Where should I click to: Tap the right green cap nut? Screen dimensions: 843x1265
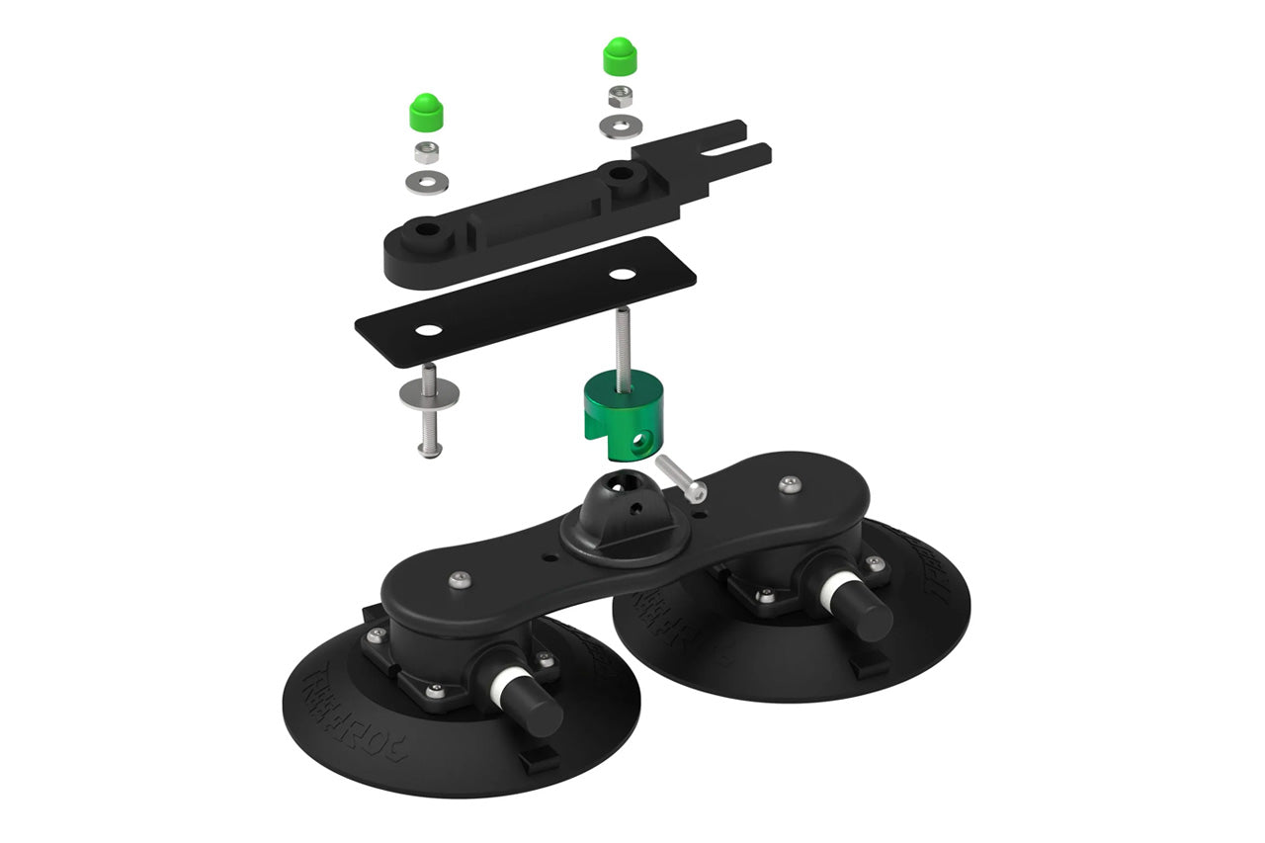coord(619,55)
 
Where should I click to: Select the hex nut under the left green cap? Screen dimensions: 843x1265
coord(426,152)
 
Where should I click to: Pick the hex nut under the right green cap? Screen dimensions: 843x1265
coord(620,97)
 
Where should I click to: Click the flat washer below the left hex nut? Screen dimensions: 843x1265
coord(426,181)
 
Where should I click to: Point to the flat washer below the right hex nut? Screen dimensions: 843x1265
coord(621,126)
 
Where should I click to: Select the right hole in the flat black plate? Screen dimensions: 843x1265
coord(621,272)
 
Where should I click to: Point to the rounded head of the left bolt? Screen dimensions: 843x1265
coord(428,451)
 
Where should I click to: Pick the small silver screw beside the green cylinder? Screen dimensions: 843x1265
coord(679,474)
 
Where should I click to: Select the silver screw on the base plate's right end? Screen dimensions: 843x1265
coord(788,484)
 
